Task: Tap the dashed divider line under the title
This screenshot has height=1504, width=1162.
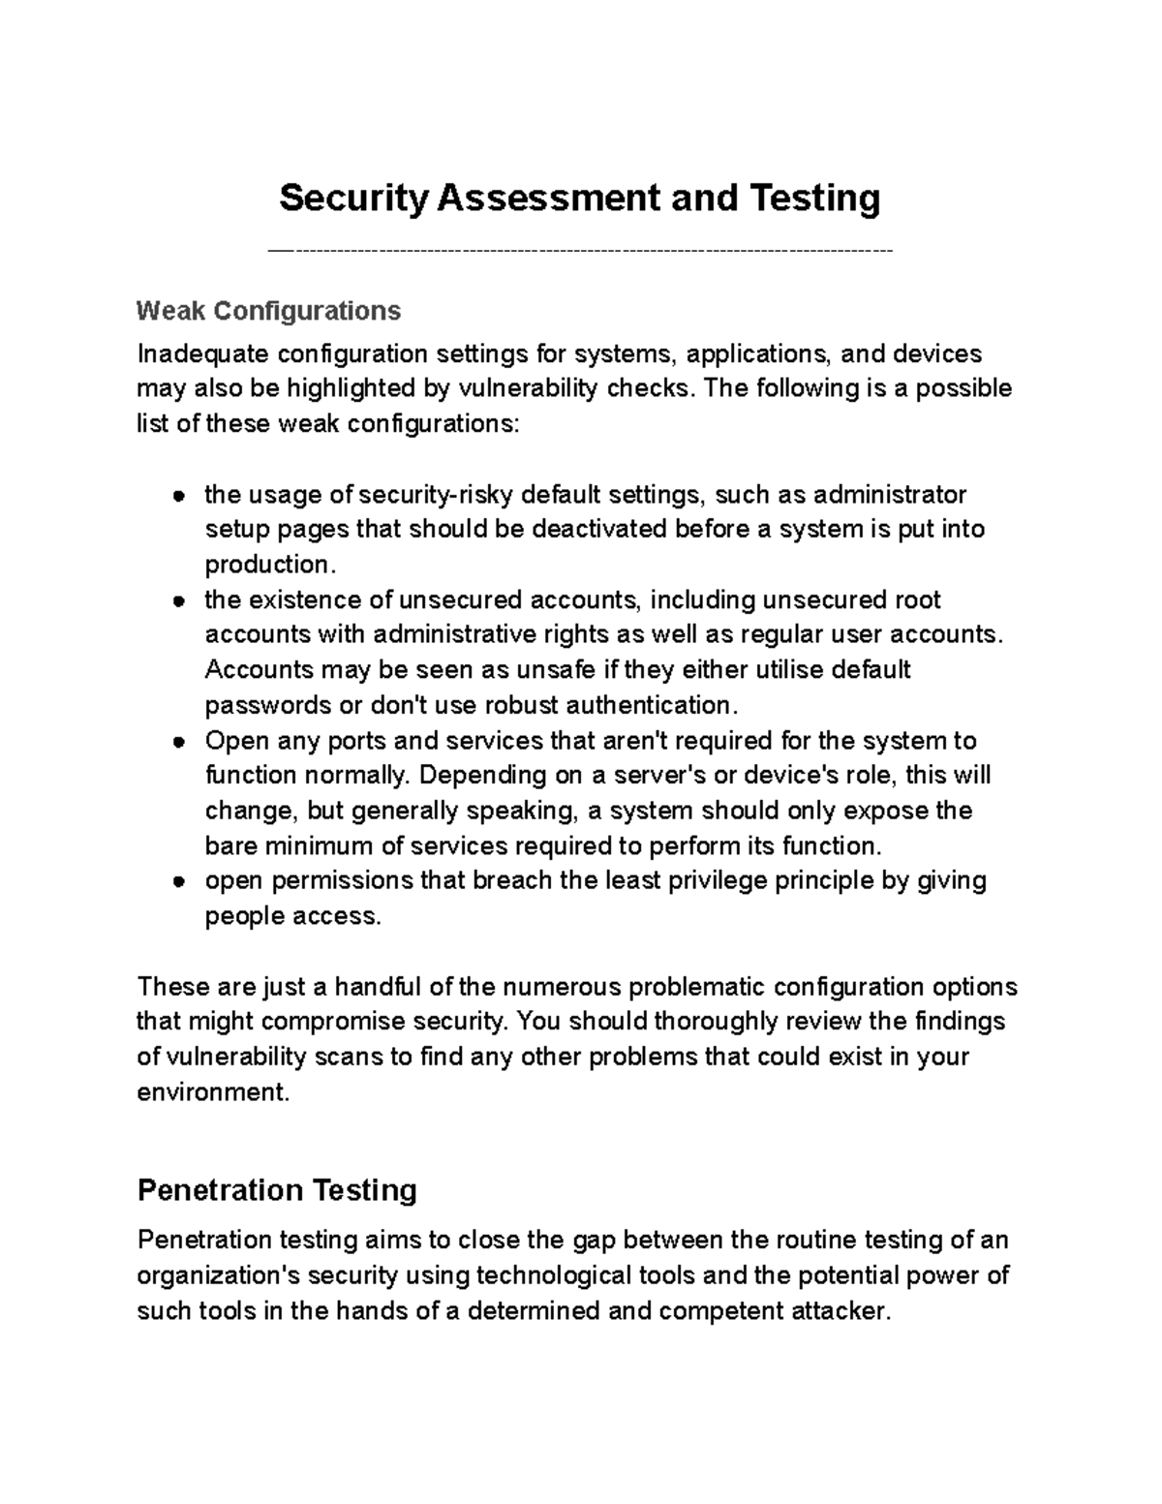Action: tap(580, 252)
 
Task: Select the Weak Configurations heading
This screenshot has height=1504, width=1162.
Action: tap(268, 311)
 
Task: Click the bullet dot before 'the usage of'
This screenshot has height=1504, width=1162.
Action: tap(179, 496)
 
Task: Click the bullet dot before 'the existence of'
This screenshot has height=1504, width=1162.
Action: tap(179, 601)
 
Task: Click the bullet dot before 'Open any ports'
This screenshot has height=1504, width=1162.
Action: tap(179, 742)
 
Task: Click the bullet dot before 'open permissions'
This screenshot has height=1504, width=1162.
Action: tap(179, 882)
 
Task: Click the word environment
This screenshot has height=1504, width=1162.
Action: tap(212, 1092)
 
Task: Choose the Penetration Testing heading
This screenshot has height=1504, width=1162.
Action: tap(277, 1189)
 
